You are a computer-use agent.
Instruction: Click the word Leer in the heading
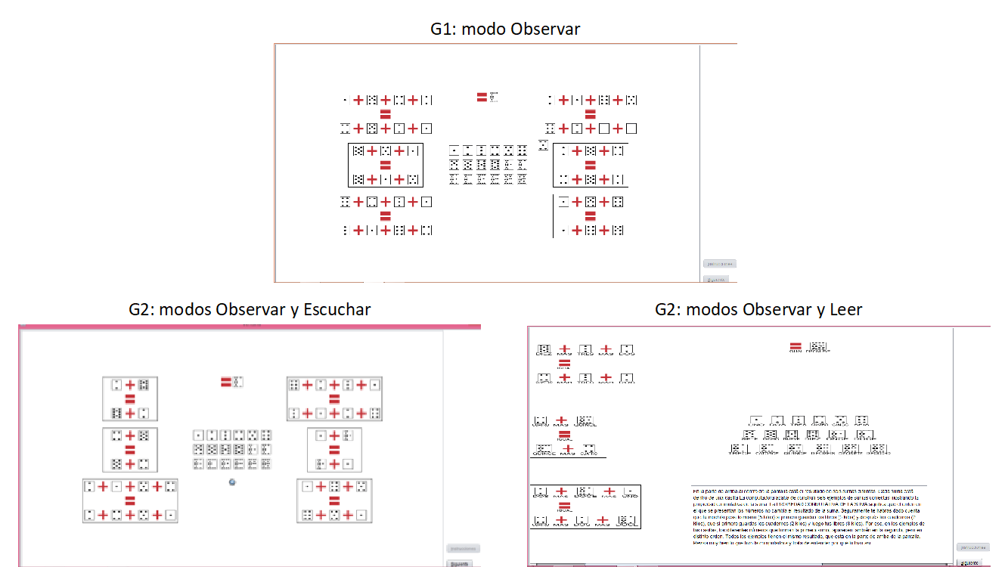pyautogui.click(x=847, y=310)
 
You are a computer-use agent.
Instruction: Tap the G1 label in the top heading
pyautogui.click(x=443, y=29)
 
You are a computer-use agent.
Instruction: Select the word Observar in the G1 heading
pyautogui.click(x=545, y=29)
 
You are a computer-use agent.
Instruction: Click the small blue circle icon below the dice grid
pyautogui.click(x=233, y=482)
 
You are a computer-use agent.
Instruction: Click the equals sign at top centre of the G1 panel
pyautogui.click(x=482, y=97)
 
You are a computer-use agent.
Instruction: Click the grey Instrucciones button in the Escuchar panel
pyautogui.click(x=462, y=549)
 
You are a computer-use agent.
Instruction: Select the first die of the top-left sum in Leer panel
pyautogui.click(x=543, y=350)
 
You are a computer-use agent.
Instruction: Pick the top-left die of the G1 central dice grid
pyautogui.click(x=454, y=150)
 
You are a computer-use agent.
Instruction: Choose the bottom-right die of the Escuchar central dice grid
pyautogui.click(x=265, y=463)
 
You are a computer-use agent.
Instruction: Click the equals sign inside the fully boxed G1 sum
pyautogui.click(x=385, y=165)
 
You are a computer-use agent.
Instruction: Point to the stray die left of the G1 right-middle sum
pyautogui.click(x=543, y=144)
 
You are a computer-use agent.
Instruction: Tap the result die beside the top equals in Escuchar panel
pyautogui.click(x=237, y=382)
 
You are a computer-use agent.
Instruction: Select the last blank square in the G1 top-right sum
pyautogui.click(x=631, y=129)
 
